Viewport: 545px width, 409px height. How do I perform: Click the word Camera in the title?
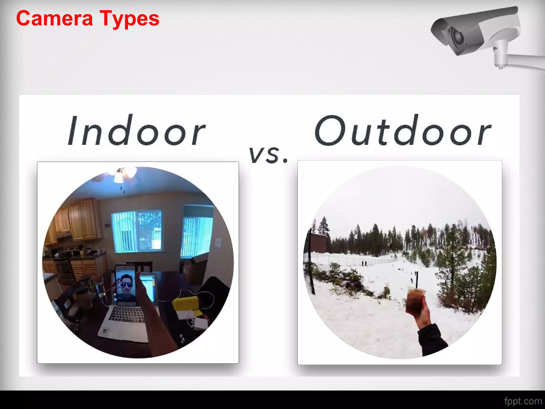tap(55, 18)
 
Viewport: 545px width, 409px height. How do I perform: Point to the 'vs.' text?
tap(268, 155)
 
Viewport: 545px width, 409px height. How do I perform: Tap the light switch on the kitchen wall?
tap(218, 242)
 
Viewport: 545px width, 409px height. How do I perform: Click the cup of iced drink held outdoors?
tap(415, 300)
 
